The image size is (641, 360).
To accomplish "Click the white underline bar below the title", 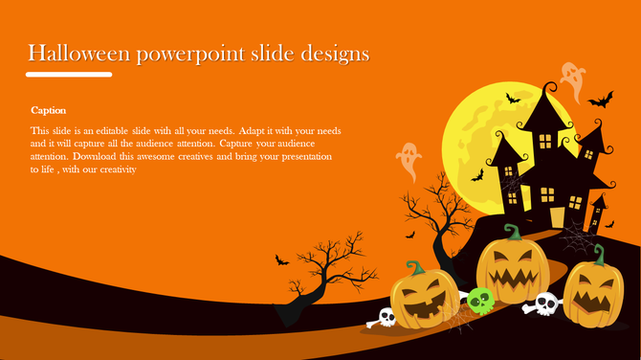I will tap(69, 74).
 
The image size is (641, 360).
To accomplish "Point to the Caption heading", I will tap(48, 110).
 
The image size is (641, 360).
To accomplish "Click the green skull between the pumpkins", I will tap(479, 301).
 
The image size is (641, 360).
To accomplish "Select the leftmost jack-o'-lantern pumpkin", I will tap(425, 299).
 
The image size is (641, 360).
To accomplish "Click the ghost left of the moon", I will tap(409, 159).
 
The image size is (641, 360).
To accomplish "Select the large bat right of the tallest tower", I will tap(601, 100).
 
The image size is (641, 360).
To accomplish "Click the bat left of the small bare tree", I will tap(281, 259).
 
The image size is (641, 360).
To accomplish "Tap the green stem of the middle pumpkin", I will tap(514, 232).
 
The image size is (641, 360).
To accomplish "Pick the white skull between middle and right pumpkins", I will tap(545, 304).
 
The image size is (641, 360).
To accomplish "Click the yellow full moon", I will tap(488, 139).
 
